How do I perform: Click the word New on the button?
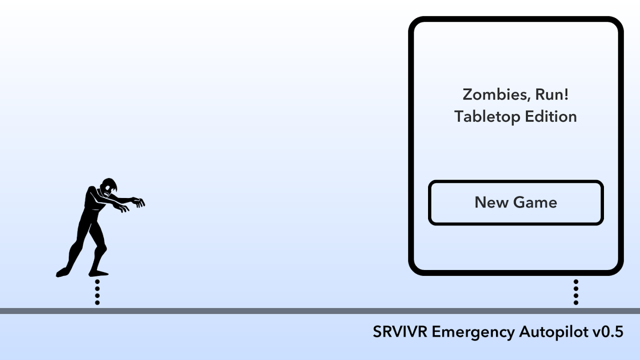point(491,202)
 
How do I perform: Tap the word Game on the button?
point(536,202)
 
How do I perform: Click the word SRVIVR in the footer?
point(400,332)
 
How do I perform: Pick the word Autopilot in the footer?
point(552,332)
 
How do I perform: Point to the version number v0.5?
point(607,332)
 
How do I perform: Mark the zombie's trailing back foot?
point(62,272)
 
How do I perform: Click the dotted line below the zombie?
point(97,292)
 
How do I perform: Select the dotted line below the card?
point(576,292)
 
